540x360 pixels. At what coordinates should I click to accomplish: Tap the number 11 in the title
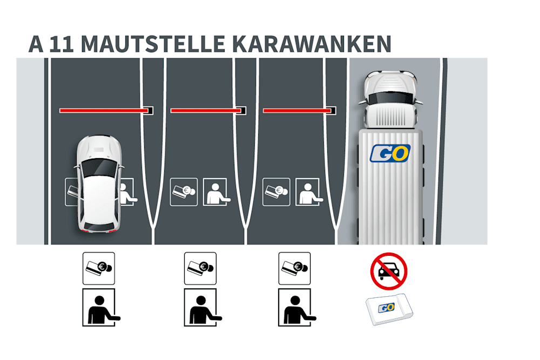61,44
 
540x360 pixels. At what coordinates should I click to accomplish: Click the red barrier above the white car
103,111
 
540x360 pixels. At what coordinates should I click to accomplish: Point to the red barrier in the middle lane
206,111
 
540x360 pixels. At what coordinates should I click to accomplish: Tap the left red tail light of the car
84,230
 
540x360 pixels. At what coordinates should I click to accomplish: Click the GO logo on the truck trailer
390,153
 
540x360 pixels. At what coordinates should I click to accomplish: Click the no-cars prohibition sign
389,271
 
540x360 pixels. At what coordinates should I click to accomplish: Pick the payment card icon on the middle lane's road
184,192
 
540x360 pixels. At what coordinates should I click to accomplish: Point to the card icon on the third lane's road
276,192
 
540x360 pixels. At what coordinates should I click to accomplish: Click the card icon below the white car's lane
98,268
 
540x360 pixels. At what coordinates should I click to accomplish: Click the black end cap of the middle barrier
244,111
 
